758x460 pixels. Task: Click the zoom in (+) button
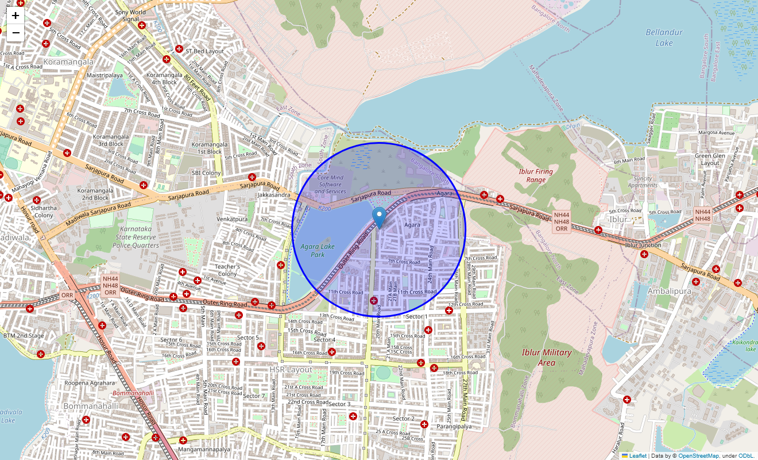[x=16, y=16]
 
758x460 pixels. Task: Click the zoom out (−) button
[x=16, y=33]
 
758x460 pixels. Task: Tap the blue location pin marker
[x=379, y=218]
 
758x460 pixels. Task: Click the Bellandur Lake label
[x=664, y=37]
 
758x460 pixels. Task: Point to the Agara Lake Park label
[x=318, y=250]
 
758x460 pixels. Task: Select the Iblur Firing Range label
[x=535, y=175]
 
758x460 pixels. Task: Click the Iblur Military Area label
[x=547, y=357]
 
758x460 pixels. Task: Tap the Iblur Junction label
[x=643, y=245]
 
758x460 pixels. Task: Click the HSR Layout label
[x=292, y=369]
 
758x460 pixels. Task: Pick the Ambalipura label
[x=668, y=291]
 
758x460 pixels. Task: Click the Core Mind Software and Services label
[x=330, y=185]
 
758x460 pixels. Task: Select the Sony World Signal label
[x=130, y=16]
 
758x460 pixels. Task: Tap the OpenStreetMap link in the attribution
[x=698, y=456]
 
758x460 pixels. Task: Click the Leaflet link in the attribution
[x=637, y=456]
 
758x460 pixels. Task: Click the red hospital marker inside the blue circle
[x=374, y=301]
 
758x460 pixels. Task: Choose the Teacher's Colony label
[x=227, y=270]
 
